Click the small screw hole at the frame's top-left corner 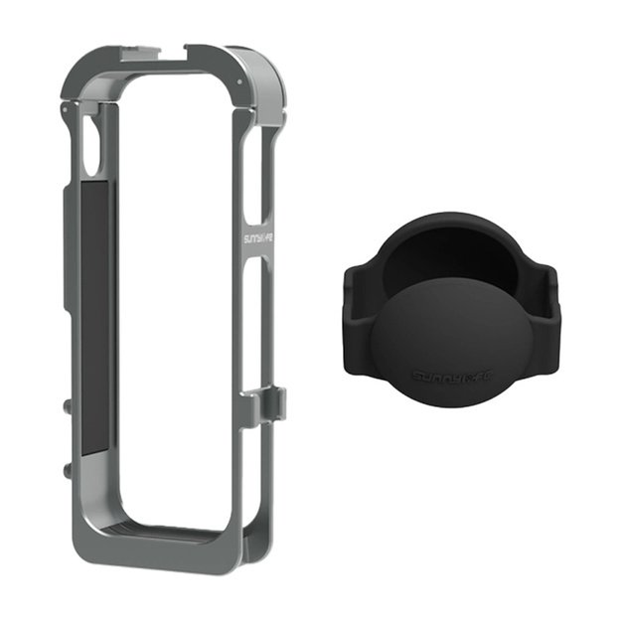point(65,103)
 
